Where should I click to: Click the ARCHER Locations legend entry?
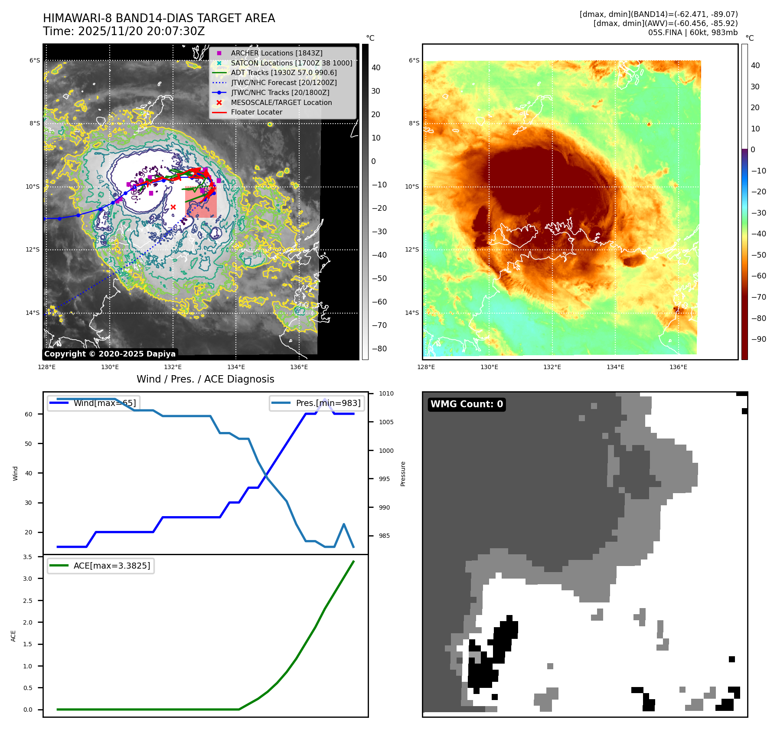(x=276, y=53)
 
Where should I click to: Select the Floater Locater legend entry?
(x=256, y=112)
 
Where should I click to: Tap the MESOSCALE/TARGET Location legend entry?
(x=281, y=102)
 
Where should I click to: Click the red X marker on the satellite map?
(x=173, y=207)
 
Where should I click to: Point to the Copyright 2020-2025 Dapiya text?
(x=110, y=354)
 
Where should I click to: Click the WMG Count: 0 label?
(x=467, y=404)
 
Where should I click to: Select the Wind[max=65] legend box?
(x=94, y=403)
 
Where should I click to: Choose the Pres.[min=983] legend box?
(x=317, y=403)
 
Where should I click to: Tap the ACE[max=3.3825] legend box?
(x=101, y=566)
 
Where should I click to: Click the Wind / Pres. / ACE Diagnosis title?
(x=205, y=379)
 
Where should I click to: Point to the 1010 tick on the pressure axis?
(x=386, y=394)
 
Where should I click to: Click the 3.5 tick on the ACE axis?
(x=28, y=557)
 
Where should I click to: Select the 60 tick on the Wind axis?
(x=29, y=414)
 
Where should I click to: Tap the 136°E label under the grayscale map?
(x=299, y=367)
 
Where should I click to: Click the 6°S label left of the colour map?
(x=414, y=60)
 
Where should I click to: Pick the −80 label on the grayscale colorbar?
(x=379, y=349)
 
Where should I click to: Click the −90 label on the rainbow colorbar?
(x=758, y=339)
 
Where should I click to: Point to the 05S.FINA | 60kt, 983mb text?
(x=692, y=33)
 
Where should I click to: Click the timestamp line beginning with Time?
(x=124, y=31)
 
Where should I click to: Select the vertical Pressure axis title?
(x=403, y=474)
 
